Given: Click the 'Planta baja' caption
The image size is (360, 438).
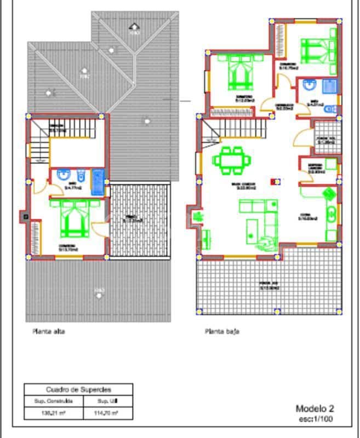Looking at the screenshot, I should coord(222,331).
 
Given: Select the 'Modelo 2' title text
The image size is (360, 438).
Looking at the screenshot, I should coord(315,408).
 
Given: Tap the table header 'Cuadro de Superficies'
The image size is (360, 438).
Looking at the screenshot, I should coord(78,390).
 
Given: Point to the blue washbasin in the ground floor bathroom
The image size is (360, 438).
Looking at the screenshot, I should coord(308,84).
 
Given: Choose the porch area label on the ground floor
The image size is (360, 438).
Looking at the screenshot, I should coord(269,285).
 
